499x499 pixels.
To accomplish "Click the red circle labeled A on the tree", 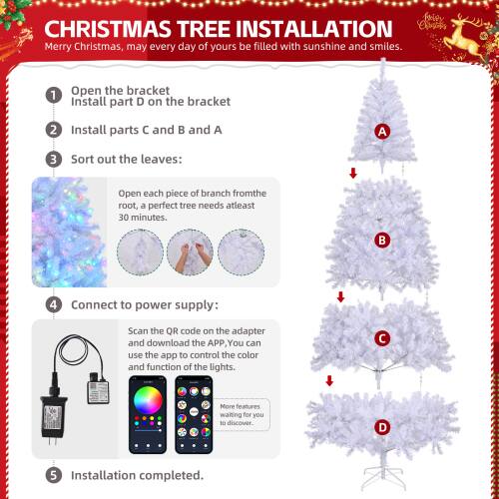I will (x=382, y=132).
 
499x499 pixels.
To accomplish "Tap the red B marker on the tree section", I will (x=382, y=240).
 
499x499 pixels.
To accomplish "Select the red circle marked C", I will (x=381, y=338).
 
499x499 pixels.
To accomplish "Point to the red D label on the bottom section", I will (x=382, y=427).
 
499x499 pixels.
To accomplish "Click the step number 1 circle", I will (x=53, y=96).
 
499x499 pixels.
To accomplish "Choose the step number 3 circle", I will (x=53, y=160).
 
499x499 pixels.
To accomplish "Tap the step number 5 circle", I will (x=53, y=476).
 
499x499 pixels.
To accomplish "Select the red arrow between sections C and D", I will (x=330, y=381).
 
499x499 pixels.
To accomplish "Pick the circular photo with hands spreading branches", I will (x=190, y=250).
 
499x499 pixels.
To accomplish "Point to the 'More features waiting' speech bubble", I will (x=243, y=412).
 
